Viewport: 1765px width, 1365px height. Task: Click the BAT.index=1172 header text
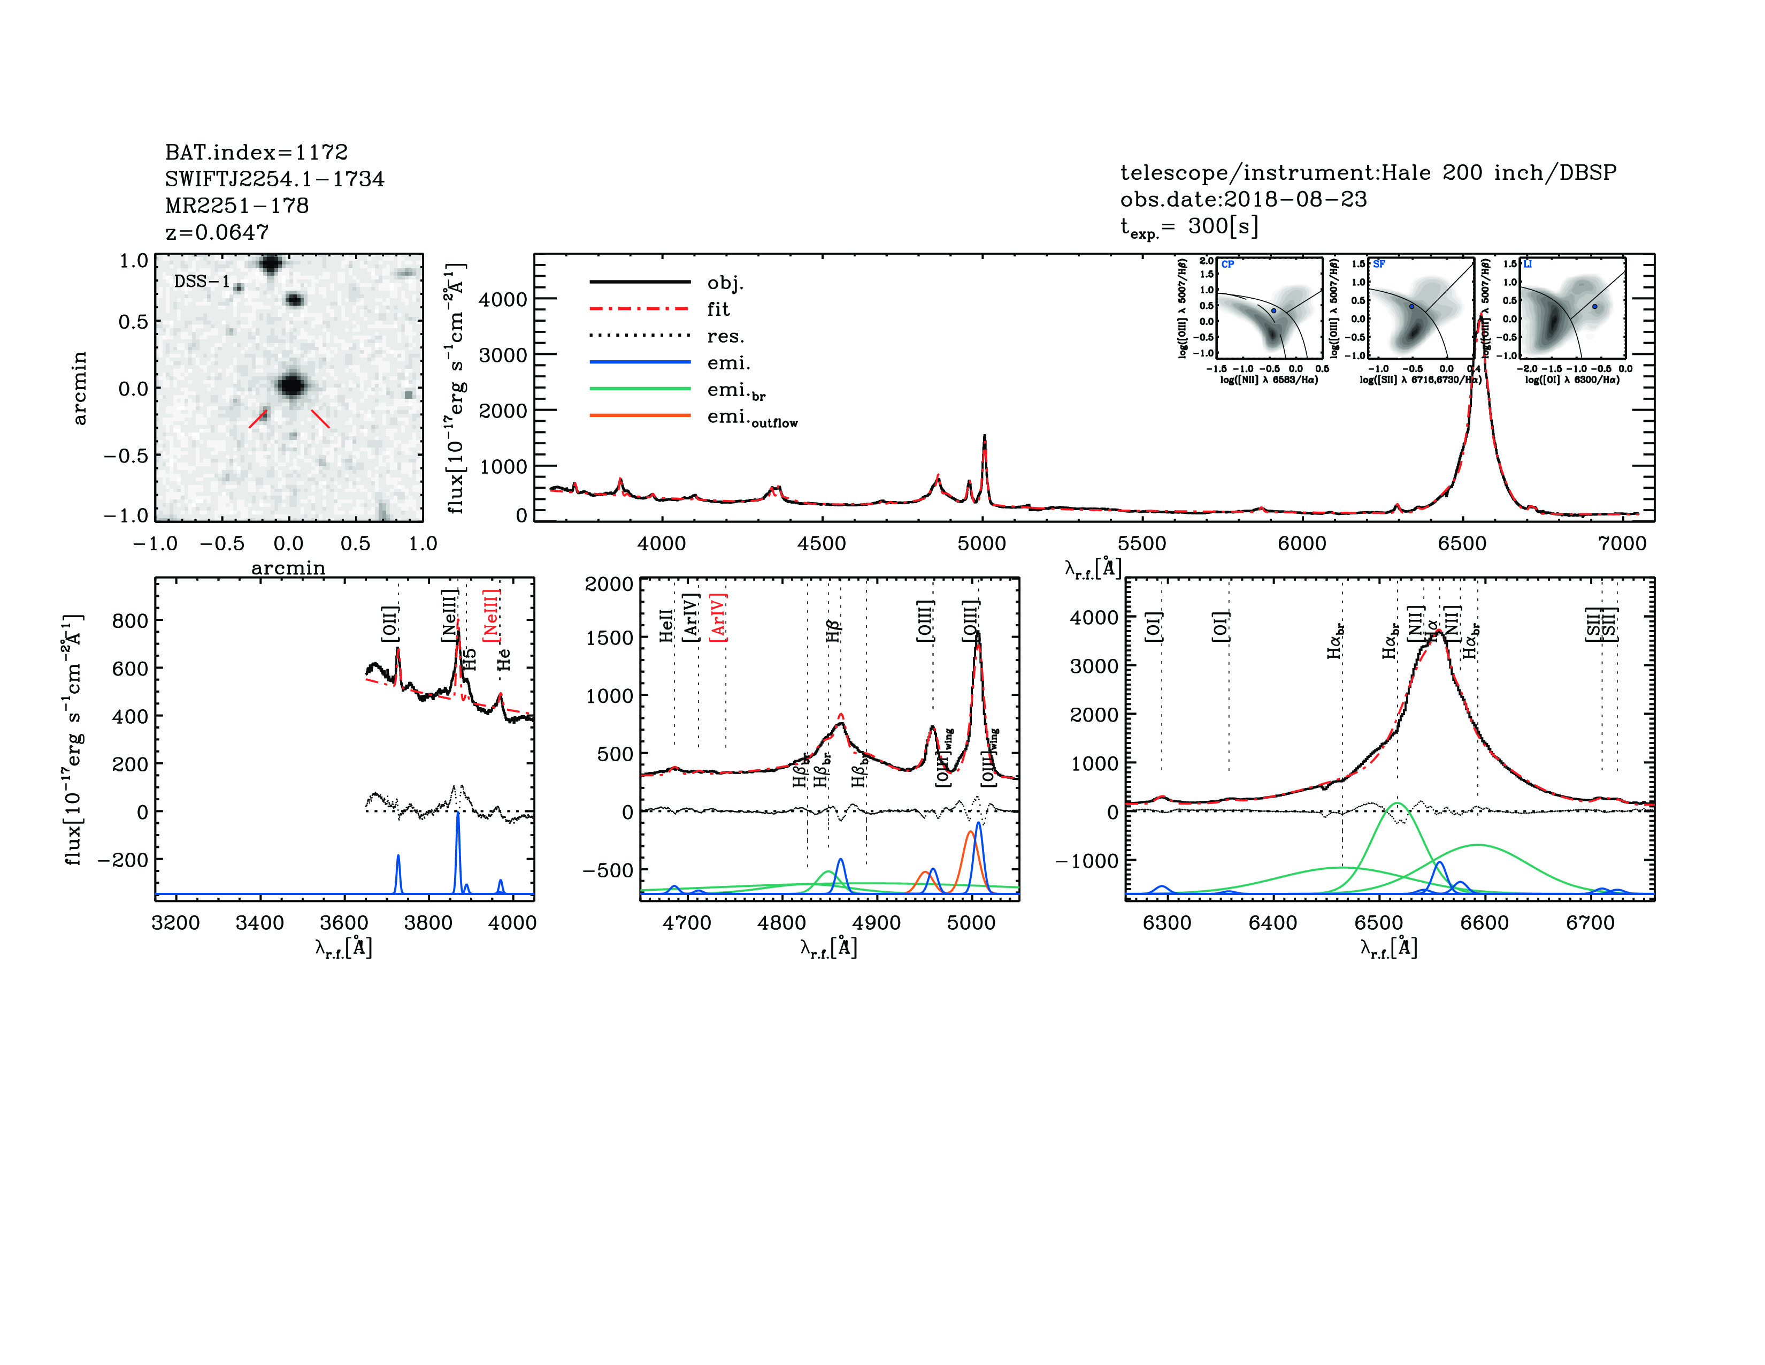(256, 152)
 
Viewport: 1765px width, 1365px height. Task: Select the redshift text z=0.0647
(217, 232)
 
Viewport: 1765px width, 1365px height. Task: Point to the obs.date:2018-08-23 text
(1243, 199)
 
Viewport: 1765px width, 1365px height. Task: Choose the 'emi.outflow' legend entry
(751, 418)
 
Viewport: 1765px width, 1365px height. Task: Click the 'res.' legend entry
(725, 336)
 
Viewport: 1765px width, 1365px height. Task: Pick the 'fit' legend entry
(718, 309)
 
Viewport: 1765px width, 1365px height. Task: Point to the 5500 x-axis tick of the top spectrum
(1142, 543)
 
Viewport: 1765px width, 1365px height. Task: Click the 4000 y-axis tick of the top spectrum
(503, 299)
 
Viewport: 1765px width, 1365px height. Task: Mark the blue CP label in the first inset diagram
(1227, 264)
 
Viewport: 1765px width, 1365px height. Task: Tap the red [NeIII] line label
(492, 616)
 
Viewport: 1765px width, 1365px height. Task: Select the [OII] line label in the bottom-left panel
(389, 624)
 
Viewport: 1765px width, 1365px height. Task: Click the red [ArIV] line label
(718, 618)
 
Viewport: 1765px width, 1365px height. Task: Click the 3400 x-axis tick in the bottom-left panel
(259, 923)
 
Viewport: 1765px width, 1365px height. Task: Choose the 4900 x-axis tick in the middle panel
(876, 923)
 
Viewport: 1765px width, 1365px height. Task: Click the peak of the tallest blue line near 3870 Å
(457, 813)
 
